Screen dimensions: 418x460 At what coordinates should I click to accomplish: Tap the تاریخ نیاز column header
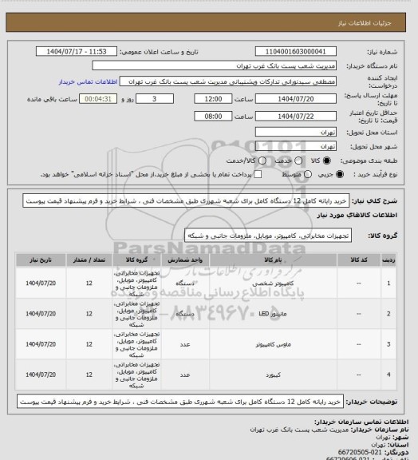click(x=39, y=260)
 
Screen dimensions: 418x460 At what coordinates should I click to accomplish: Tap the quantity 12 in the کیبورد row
click(x=89, y=374)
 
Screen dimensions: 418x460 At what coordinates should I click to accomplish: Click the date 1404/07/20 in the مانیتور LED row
click(x=39, y=314)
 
